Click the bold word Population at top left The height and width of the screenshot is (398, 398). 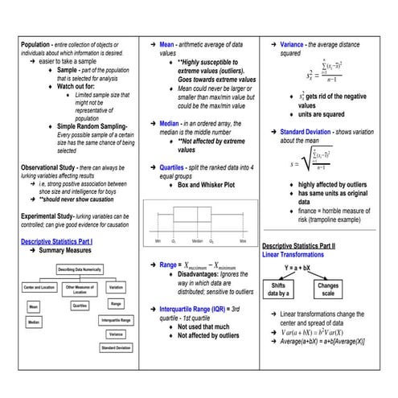[x=36, y=44]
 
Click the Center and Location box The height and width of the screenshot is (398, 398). [x=39, y=287]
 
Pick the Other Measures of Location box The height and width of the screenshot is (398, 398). [x=79, y=289]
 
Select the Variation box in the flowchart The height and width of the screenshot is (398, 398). [x=116, y=287]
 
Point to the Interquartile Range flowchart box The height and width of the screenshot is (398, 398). [x=116, y=319]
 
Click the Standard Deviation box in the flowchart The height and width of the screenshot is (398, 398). [x=116, y=347]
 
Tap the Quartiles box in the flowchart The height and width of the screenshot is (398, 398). [x=80, y=306]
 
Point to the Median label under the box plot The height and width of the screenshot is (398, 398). [x=197, y=240]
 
